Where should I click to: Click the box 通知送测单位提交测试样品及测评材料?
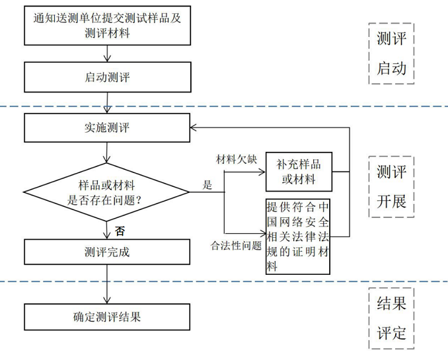[x=106, y=25]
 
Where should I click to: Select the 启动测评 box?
[x=106, y=77]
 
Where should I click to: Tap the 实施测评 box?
[x=106, y=127]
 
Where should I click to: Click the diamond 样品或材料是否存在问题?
[x=106, y=192]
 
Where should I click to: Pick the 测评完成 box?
[x=106, y=252]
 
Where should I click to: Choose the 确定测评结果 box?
[x=106, y=316]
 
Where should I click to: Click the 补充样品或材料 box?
[x=298, y=172]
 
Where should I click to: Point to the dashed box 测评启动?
[x=391, y=54]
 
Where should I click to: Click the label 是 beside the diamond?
[x=207, y=186]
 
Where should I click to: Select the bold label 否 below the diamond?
[x=120, y=231]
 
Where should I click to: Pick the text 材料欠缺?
[x=235, y=159]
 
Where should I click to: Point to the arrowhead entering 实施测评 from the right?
[x=194, y=127]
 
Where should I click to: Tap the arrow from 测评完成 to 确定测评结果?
[x=106, y=284]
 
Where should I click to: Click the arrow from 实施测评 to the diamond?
[x=106, y=153]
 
